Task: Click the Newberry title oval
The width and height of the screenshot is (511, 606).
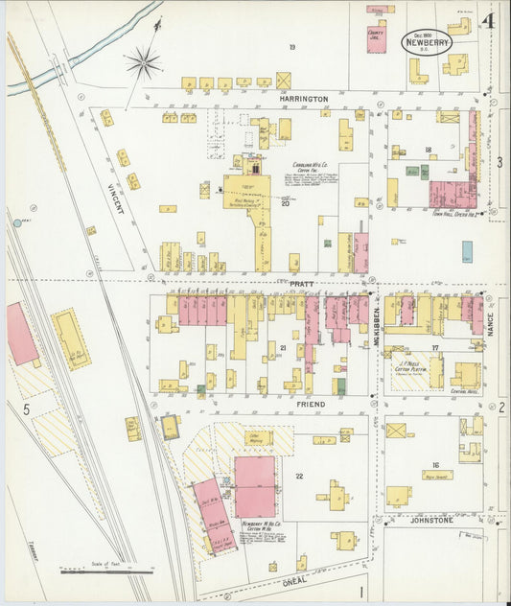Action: (x=421, y=42)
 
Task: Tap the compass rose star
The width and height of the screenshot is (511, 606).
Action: (x=143, y=64)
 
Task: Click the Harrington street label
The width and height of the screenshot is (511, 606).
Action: (x=304, y=99)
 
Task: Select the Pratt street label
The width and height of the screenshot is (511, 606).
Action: (x=302, y=285)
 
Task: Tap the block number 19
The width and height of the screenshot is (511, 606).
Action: (x=291, y=47)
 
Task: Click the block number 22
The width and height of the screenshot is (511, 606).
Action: (x=299, y=477)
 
